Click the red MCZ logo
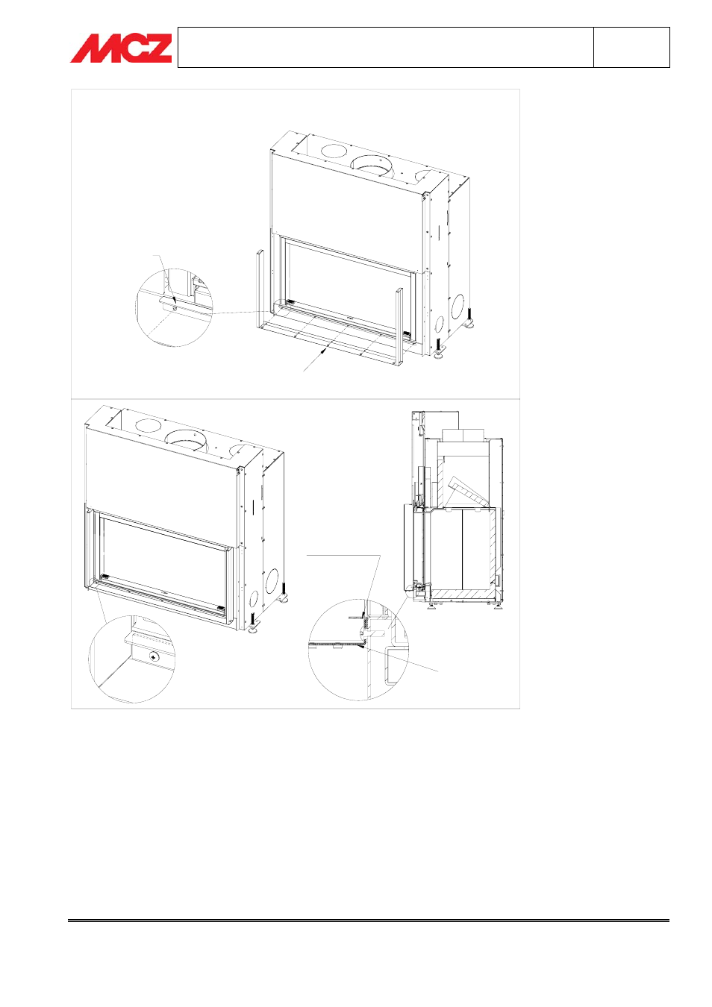pyautogui.click(x=121, y=48)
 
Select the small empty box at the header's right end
pyautogui.click(x=631, y=47)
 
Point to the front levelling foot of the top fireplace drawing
pyautogui.click(x=439, y=348)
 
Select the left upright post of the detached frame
pyautogui.click(x=260, y=289)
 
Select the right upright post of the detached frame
pyautogui.click(x=399, y=327)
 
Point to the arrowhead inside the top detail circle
pyautogui.click(x=174, y=294)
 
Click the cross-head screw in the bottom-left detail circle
pyautogui.click(x=154, y=656)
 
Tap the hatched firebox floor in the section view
pyautogui.click(x=463, y=595)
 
